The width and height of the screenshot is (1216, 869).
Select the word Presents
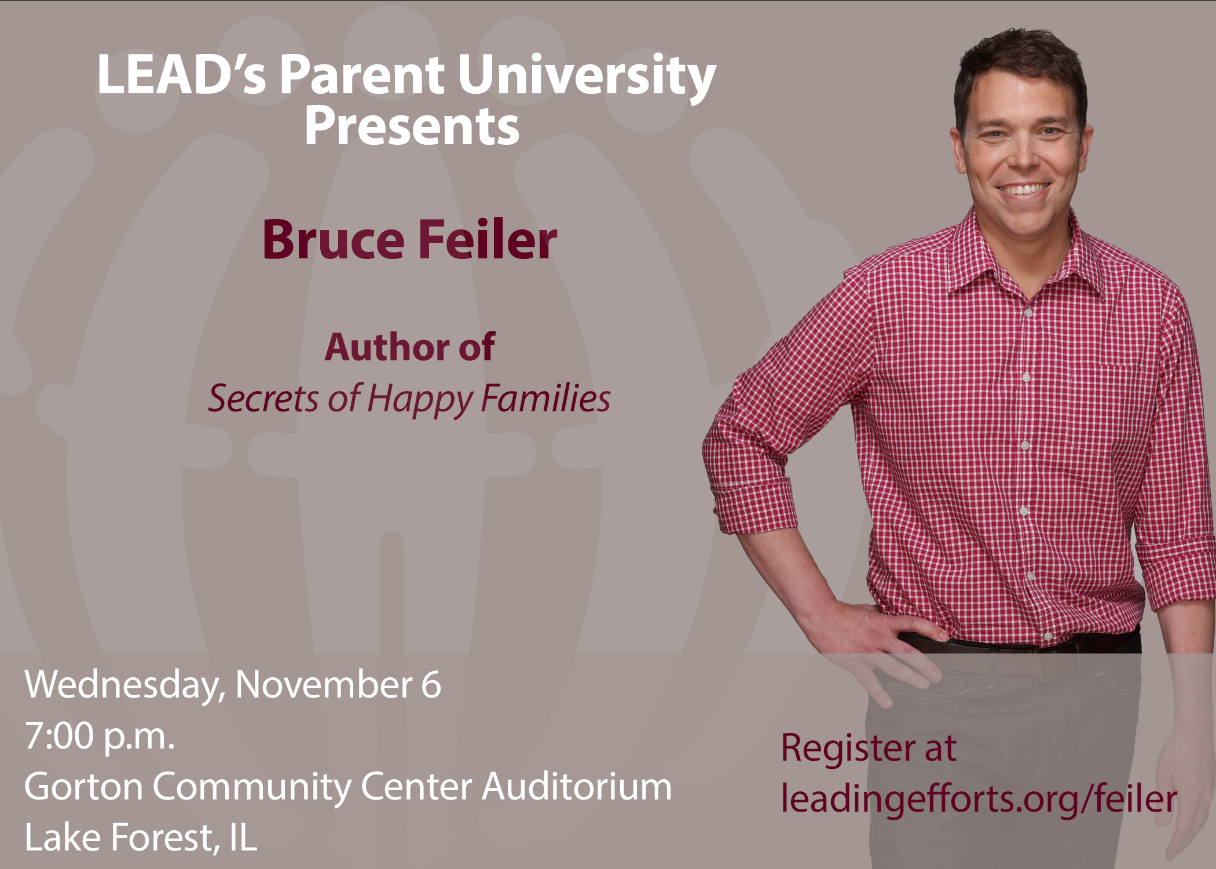pos(412,126)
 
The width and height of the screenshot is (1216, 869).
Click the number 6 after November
pos(431,685)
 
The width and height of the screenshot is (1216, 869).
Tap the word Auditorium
pos(577,787)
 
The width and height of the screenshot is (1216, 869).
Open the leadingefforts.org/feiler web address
pos(979,799)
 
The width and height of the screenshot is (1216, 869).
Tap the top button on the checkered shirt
pos(1029,313)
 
